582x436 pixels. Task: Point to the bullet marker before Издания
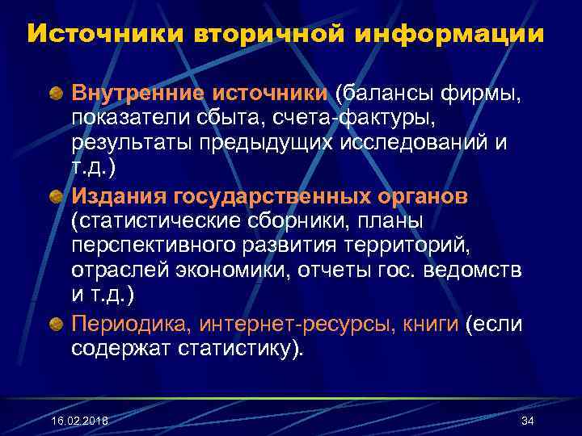point(57,198)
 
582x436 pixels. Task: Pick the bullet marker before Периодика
point(57,325)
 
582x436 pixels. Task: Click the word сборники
point(318,220)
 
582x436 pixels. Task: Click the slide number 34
point(528,421)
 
